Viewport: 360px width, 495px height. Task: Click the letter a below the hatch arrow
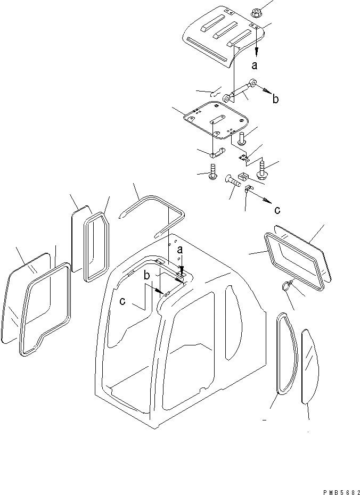tap(255, 65)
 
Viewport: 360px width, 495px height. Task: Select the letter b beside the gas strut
tap(275, 99)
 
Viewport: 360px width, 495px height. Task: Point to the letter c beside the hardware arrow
tap(277, 210)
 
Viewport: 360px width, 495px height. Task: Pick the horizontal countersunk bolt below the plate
tap(233, 180)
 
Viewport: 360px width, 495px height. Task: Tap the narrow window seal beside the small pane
tap(97, 245)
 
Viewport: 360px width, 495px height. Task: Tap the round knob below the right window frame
tap(287, 286)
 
